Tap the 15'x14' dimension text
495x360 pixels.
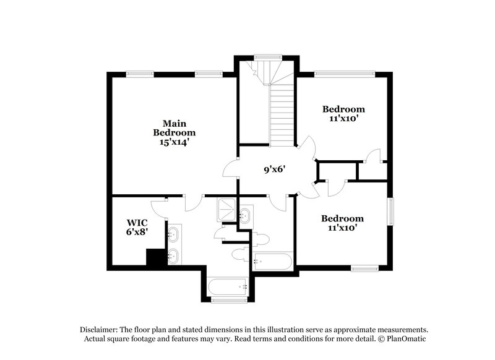click(174, 142)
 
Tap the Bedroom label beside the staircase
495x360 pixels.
click(343, 109)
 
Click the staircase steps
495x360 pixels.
click(282, 114)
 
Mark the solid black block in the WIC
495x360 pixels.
click(153, 257)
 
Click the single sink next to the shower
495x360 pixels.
click(245, 215)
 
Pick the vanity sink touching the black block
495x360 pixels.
click(173, 255)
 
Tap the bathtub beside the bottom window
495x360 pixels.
click(227, 286)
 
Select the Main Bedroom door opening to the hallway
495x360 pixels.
click(231, 168)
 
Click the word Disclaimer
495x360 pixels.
click(99, 330)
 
